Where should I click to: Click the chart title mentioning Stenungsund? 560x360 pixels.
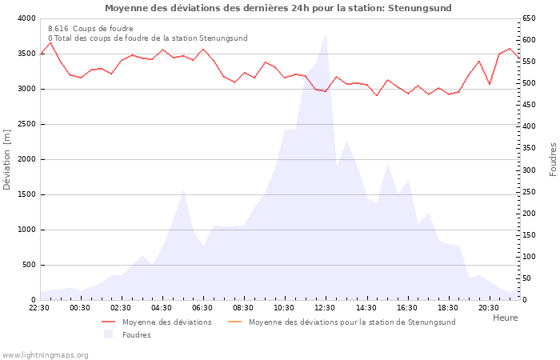coord(278,8)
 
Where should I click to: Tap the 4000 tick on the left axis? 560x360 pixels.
coord(26,18)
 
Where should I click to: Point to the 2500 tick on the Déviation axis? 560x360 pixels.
coord(26,124)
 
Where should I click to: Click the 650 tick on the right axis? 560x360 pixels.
coord(530,18)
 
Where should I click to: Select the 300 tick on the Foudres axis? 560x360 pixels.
coord(530,170)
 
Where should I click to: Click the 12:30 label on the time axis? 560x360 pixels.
coord(325,307)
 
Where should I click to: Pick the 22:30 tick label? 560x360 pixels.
coord(39,307)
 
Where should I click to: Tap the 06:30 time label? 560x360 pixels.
coord(202,307)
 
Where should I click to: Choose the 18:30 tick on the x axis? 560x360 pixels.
coord(448,307)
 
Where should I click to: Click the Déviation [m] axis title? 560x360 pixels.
coord(8,158)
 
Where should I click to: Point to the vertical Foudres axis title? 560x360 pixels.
coord(553,158)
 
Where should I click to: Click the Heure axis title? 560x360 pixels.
coord(505,318)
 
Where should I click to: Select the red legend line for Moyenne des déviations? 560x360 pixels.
coord(109,322)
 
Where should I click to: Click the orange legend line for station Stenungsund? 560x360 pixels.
coord(235,322)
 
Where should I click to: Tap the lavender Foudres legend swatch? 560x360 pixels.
coord(109,334)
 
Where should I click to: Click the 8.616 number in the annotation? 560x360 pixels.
coord(58,28)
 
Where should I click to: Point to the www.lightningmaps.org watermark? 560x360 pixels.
coord(45,354)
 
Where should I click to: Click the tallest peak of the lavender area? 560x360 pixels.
coord(325,33)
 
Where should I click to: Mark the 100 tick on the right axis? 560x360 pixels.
coord(530,257)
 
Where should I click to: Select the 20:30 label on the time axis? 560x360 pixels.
coord(489,307)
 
